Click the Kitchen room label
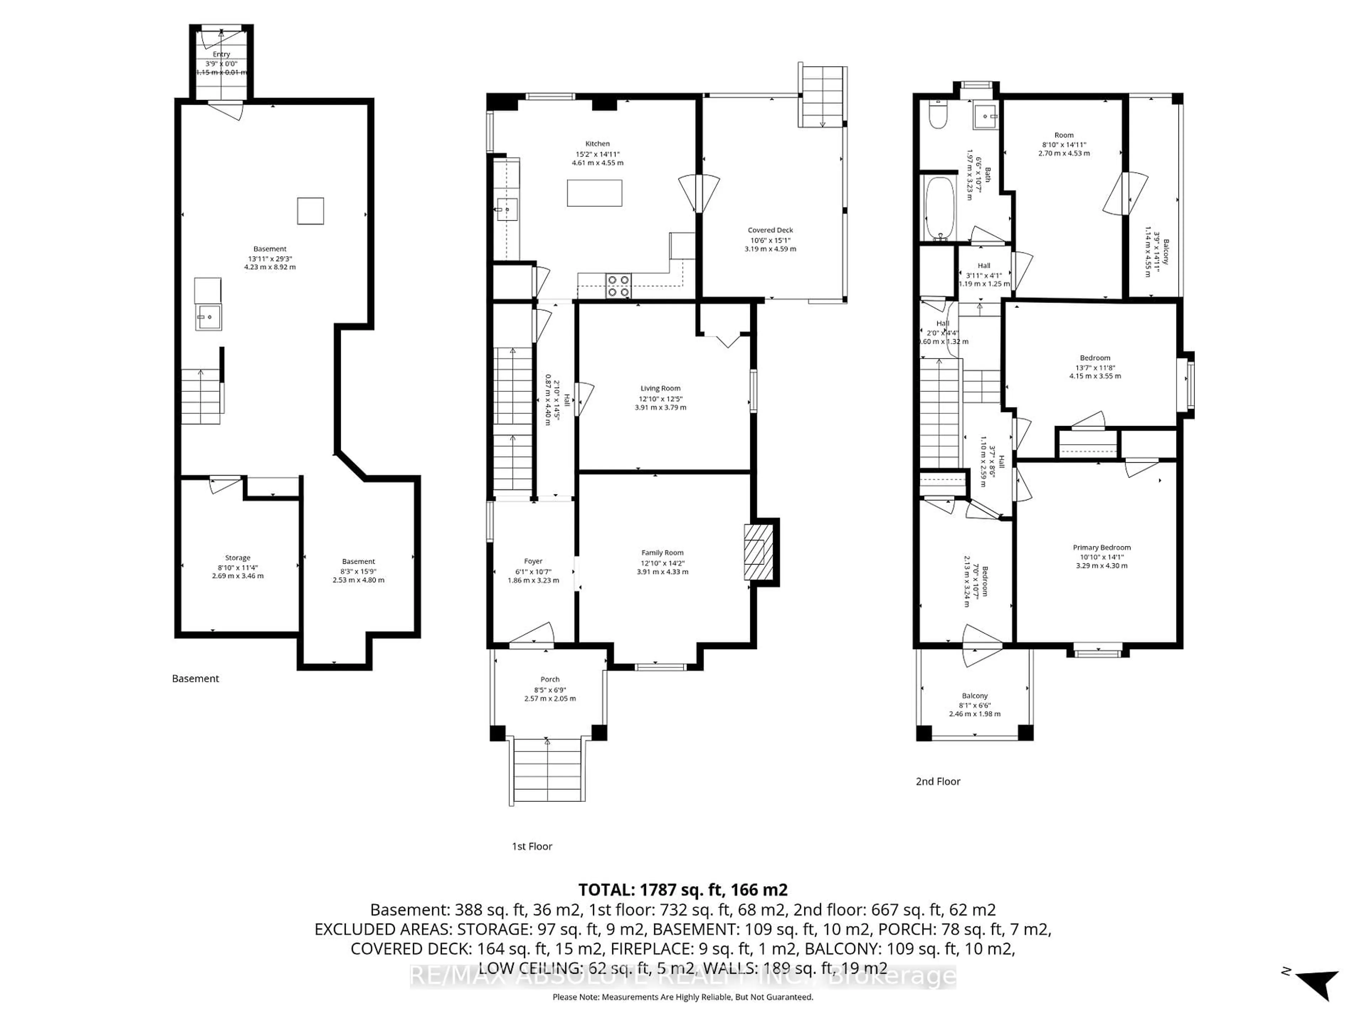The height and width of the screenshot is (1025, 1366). point(597,143)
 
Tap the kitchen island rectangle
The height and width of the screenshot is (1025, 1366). point(594,193)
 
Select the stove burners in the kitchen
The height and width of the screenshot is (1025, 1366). point(618,285)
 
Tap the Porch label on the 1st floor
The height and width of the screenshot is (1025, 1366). point(550,679)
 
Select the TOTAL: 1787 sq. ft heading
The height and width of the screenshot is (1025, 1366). point(682,890)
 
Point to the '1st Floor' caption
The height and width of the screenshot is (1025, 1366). point(532,846)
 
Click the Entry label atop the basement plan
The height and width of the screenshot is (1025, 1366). point(221,54)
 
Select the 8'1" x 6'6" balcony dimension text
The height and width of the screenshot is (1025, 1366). point(974,705)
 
